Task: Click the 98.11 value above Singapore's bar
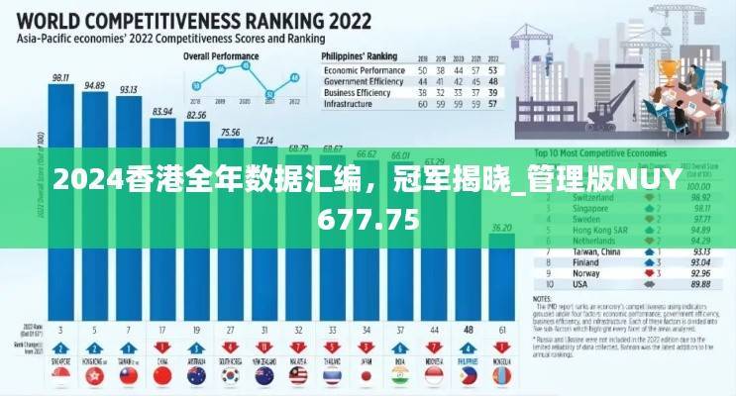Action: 60,76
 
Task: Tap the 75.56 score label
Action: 230,132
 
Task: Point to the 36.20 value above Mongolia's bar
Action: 502,227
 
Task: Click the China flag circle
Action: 161,377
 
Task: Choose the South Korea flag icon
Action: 230,377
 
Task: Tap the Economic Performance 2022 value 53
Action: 493,72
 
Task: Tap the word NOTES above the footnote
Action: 543,296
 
